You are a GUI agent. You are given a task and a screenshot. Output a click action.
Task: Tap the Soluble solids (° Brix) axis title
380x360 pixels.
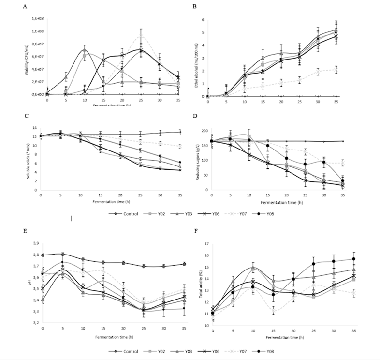(27, 160)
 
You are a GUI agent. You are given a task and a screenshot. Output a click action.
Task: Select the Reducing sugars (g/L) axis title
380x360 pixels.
(195, 160)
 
